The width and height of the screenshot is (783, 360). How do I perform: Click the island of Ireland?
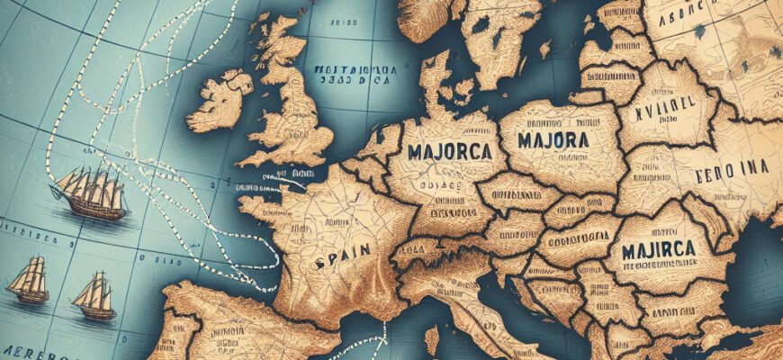coord(220,103)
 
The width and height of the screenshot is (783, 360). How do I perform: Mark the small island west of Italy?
coord(431,340)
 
